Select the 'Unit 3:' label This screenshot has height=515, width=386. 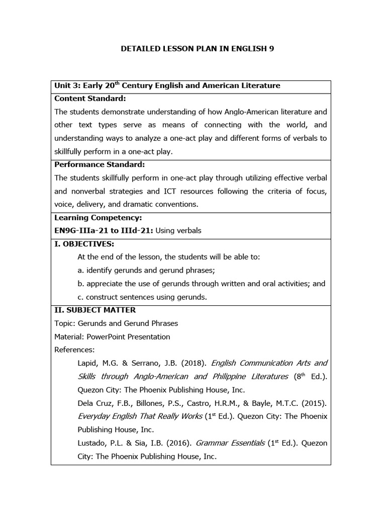click(x=67, y=85)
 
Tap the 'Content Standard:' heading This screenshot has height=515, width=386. click(x=90, y=99)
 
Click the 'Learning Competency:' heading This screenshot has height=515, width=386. click(x=98, y=218)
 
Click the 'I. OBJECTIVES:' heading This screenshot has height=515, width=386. click(x=84, y=244)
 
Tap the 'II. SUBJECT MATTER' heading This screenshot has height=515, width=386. click(x=94, y=310)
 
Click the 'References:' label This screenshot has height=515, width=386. click(x=74, y=350)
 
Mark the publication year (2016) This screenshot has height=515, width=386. click(x=174, y=443)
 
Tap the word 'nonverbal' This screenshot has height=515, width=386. click(x=87, y=191)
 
